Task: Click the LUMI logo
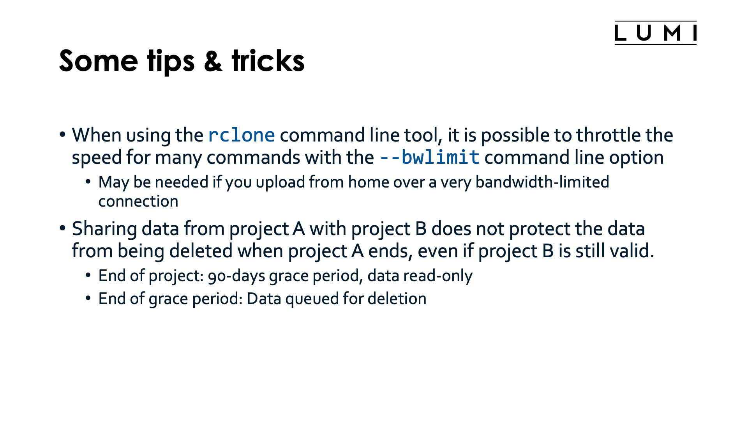655,33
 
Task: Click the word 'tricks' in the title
268,61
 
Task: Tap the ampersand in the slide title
213,61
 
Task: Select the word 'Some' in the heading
99,61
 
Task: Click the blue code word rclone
242,135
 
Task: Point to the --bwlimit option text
429,157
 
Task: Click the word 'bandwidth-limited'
542,182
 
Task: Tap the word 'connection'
138,202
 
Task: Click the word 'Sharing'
104,229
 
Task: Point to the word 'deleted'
201,251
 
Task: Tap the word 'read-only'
438,276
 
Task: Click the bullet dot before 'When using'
62,135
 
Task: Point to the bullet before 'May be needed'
88,182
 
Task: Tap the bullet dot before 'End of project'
88,275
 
